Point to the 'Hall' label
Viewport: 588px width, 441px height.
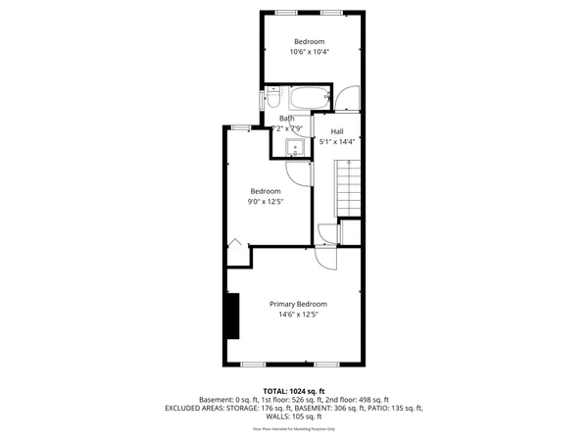337,131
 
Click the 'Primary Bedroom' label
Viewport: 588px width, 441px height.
299,304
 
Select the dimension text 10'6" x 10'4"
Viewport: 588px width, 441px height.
309,52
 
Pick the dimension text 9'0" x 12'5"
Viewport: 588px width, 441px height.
266,202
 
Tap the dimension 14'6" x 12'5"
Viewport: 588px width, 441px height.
299,316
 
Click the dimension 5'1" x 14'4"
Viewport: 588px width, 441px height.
337,142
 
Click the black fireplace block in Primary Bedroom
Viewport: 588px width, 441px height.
232,316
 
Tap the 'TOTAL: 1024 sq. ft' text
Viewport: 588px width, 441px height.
294,391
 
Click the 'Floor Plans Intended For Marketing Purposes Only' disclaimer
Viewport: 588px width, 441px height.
294,429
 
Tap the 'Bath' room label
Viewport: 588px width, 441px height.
286,119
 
